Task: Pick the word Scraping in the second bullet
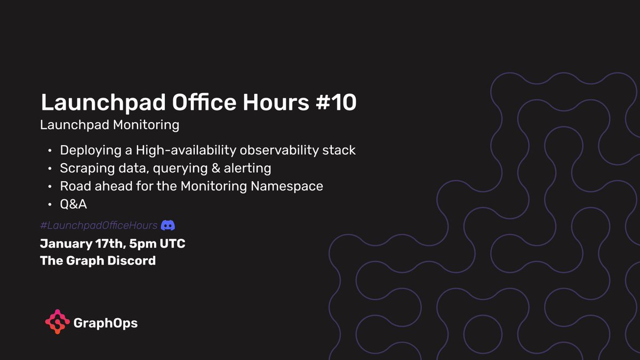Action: pyautogui.click(x=83, y=169)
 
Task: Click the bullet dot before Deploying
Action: pyautogui.click(x=50, y=151)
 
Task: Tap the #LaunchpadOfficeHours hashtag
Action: pyautogui.click(x=99, y=226)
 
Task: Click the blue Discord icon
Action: pyautogui.click(x=169, y=226)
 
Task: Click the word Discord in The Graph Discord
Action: pyautogui.click(x=132, y=261)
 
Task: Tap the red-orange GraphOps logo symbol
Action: pyautogui.click(x=57, y=322)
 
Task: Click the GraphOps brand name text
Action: pyautogui.click(x=105, y=323)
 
